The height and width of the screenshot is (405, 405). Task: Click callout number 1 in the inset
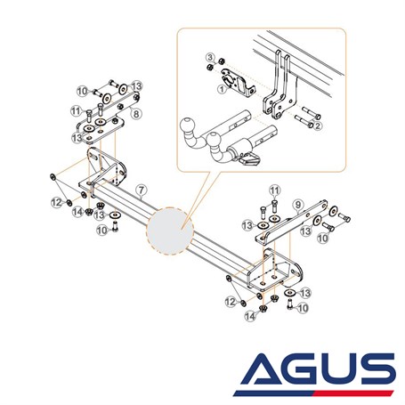(222, 88)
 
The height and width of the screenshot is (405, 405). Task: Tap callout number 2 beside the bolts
(318, 126)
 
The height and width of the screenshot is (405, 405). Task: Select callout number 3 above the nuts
(210, 57)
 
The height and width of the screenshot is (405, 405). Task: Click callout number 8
(136, 114)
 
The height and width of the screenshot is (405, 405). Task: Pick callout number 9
(298, 205)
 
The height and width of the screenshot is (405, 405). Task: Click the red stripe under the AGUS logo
(354, 393)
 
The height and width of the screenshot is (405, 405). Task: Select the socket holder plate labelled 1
(237, 83)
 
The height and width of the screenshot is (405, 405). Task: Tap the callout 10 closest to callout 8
(83, 91)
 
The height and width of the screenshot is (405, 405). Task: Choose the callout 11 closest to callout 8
(77, 111)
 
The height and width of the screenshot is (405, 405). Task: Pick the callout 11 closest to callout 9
(275, 190)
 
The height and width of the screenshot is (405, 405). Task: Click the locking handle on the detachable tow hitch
(250, 158)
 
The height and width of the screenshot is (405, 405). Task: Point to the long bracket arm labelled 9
(291, 222)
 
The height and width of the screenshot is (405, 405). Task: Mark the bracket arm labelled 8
(118, 104)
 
